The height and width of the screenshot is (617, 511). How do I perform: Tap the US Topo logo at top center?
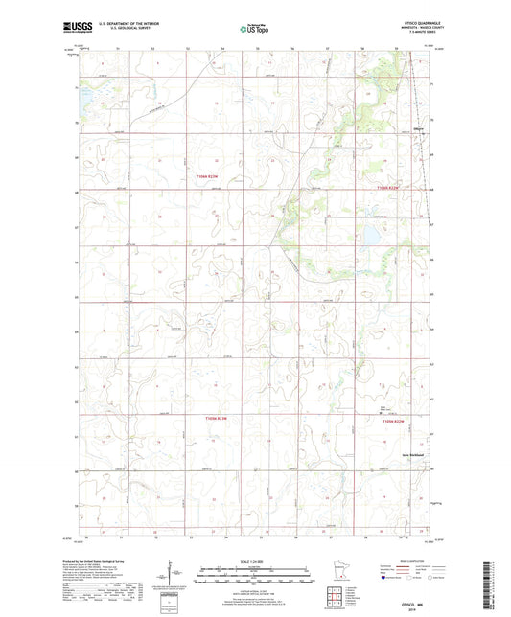pyautogui.click(x=254, y=29)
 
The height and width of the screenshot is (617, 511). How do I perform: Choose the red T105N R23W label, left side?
pyautogui.click(x=218, y=418)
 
